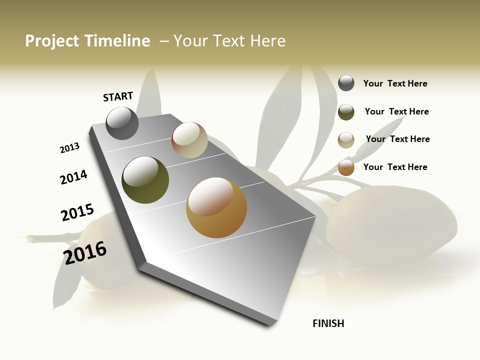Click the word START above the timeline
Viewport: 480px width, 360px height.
(x=118, y=96)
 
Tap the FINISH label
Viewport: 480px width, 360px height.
(x=328, y=323)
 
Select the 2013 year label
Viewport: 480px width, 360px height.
(x=70, y=147)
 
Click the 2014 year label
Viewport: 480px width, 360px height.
(x=73, y=177)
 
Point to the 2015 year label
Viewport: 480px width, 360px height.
(x=77, y=212)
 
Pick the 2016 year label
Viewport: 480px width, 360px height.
(x=85, y=252)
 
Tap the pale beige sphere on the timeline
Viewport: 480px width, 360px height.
(x=189, y=140)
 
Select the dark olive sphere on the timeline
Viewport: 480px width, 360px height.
(x=145, y=180)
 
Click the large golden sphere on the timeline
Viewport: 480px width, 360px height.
(x=216, y=207)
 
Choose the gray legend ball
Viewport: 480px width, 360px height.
(x=346, y=83)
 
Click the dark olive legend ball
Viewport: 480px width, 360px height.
(x=346, y=112)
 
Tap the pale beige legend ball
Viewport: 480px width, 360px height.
(x=346, y=140)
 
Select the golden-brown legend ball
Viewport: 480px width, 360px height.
(x=346, y=167)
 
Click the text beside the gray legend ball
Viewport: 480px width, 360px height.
(x=395, y=83)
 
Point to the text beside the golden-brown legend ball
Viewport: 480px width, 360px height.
(x=395, y=167)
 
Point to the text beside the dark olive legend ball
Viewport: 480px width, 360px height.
(x=396, y=111)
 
